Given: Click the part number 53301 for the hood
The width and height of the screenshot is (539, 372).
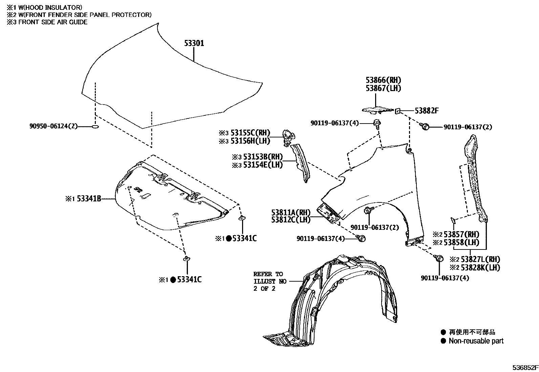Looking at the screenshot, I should point(194,44).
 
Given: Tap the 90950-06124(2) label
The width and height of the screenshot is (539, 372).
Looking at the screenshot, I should point(53,126).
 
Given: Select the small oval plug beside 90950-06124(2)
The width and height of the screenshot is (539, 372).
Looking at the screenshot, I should point(95,127).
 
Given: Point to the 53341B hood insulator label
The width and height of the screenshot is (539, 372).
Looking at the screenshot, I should point(89,199).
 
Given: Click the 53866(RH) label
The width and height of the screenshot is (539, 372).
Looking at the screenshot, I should point(383,80).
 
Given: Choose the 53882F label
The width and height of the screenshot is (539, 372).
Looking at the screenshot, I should point(427,111).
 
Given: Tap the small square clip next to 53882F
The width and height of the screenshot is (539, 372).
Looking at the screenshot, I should point(398,110).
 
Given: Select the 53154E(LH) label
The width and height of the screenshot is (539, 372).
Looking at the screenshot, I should point(263,165).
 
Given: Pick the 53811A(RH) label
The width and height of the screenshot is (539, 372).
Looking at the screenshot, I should point(290,213).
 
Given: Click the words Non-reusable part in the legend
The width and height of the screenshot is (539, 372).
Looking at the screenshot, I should point(476,341).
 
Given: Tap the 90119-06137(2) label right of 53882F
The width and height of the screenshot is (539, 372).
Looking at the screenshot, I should point(468,127).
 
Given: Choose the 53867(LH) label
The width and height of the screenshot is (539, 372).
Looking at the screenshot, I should point(383,88).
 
